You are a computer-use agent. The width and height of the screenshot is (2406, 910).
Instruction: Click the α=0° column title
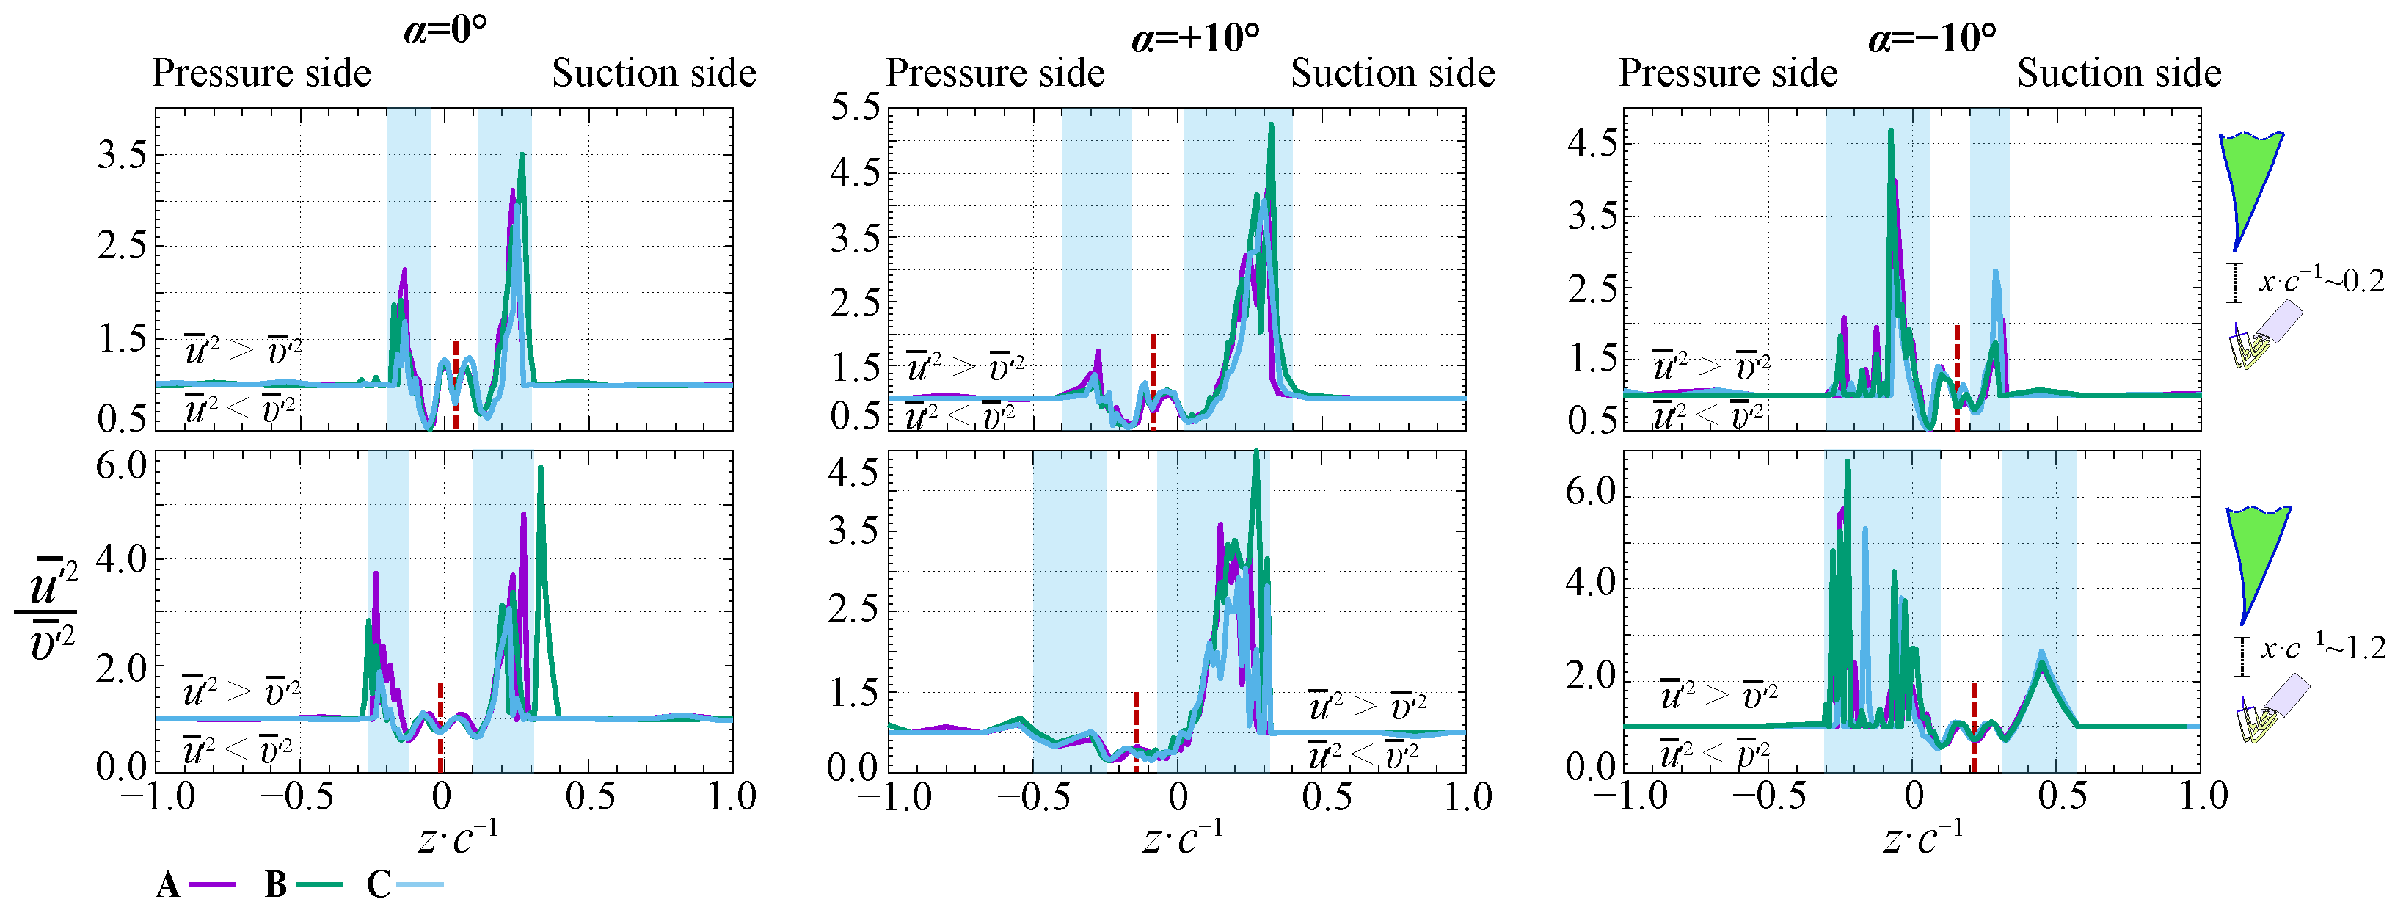click(445, 30)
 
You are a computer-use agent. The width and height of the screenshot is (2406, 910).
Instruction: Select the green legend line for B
click(319, 884)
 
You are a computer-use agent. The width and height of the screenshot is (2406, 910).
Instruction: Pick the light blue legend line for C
click(420, 884)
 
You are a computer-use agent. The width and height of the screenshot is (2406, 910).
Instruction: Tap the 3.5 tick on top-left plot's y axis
click(123, 154)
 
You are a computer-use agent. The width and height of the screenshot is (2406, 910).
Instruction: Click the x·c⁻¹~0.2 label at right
click(2321, 280)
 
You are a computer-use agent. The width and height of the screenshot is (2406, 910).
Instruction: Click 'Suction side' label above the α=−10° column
click(2118, 73)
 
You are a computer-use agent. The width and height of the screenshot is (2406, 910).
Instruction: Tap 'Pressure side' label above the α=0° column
click(261, 73)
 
